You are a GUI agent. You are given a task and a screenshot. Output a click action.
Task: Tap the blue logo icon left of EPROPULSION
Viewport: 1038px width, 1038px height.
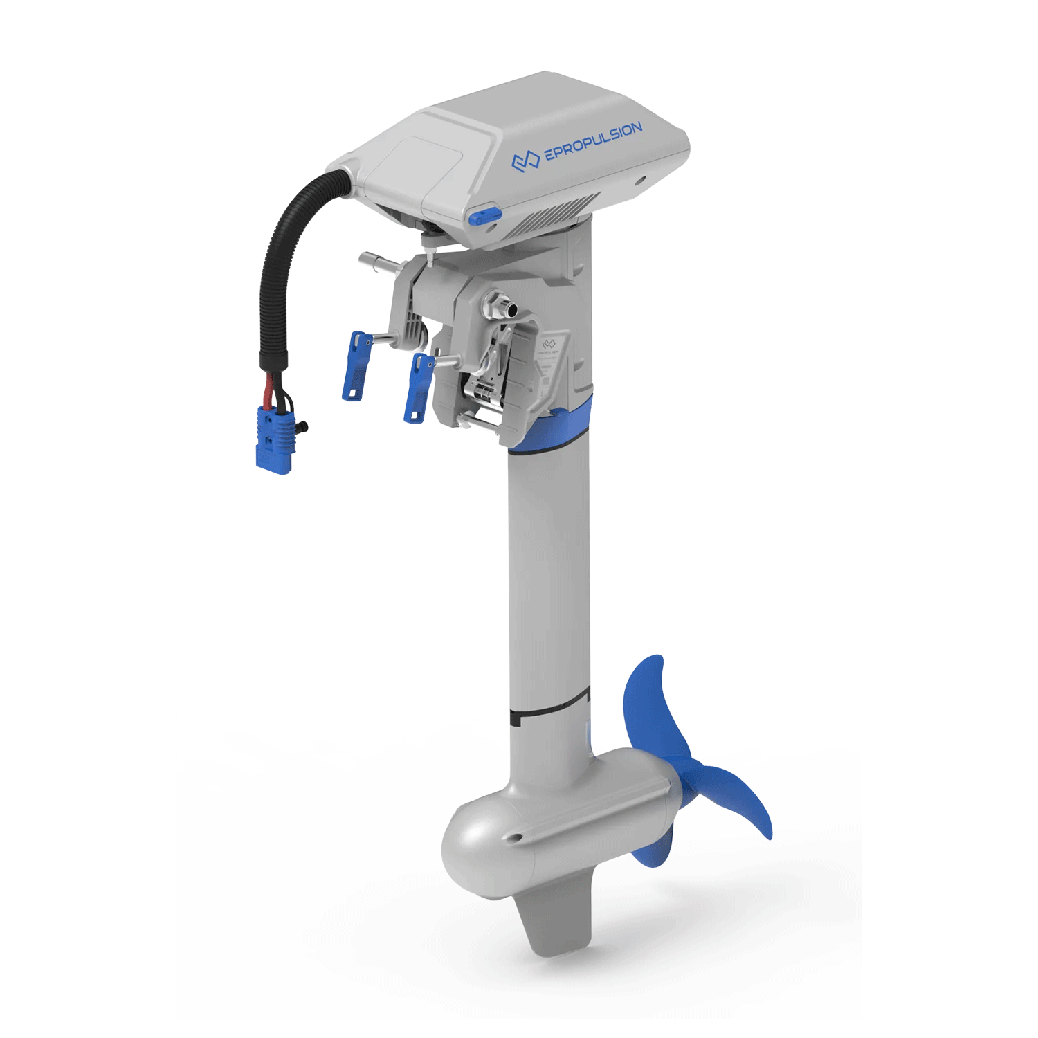tap(525, 161)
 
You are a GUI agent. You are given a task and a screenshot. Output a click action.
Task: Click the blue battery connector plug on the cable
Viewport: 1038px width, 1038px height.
tap(275, 439)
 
